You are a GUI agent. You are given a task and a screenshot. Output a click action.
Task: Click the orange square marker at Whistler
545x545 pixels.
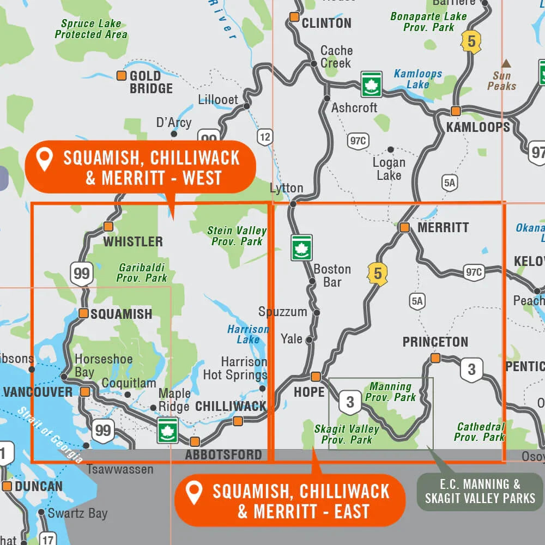pos(108,226)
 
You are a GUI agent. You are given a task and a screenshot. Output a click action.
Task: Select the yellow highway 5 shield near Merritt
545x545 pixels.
pos(378,274)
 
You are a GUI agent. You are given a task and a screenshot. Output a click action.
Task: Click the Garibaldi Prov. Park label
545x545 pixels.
pos(142,272)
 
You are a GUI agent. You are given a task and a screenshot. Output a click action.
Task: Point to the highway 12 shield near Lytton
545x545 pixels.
pos(265,137)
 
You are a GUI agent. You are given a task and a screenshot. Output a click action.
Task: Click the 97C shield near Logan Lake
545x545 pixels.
pos(358,141)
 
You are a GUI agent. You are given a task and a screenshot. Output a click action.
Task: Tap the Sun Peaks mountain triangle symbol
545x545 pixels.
pos(506,63)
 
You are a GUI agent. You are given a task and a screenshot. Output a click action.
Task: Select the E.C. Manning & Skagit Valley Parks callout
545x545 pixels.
pos(480,491)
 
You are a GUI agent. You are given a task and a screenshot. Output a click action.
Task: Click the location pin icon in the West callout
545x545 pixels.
pos(44,160)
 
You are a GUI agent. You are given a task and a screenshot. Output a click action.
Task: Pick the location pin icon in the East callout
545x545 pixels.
pos(193,493)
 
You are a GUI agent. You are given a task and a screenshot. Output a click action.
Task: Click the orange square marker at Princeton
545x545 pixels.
pos(435,358)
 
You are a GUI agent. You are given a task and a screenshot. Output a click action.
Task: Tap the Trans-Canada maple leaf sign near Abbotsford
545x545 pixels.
pos(167,430)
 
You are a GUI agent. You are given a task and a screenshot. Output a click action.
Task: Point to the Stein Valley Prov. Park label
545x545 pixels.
pos(237,236)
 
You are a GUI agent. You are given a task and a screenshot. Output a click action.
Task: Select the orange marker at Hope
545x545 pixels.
pos(316,377)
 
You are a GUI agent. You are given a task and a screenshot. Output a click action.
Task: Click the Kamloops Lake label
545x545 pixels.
pos(418,78)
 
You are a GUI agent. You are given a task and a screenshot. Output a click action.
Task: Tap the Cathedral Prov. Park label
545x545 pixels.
pos(480,432)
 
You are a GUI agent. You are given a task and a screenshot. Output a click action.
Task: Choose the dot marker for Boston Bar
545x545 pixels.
pos(312,282)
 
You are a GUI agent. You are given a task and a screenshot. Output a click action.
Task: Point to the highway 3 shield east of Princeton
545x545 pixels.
pos(471,370)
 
